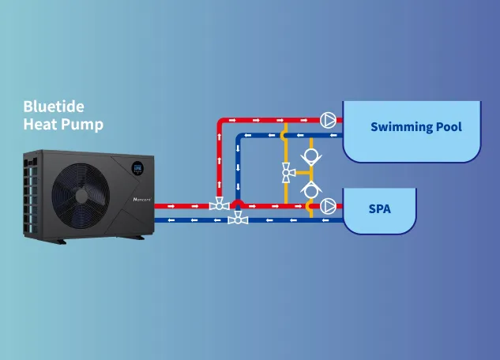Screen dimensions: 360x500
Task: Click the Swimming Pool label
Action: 416,126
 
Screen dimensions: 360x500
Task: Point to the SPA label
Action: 379,210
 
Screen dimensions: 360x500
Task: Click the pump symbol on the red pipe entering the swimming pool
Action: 328,120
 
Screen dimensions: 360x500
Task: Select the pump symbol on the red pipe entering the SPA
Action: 328,206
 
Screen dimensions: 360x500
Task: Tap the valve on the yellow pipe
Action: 288,170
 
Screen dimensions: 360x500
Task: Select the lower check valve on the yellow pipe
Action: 311,187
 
